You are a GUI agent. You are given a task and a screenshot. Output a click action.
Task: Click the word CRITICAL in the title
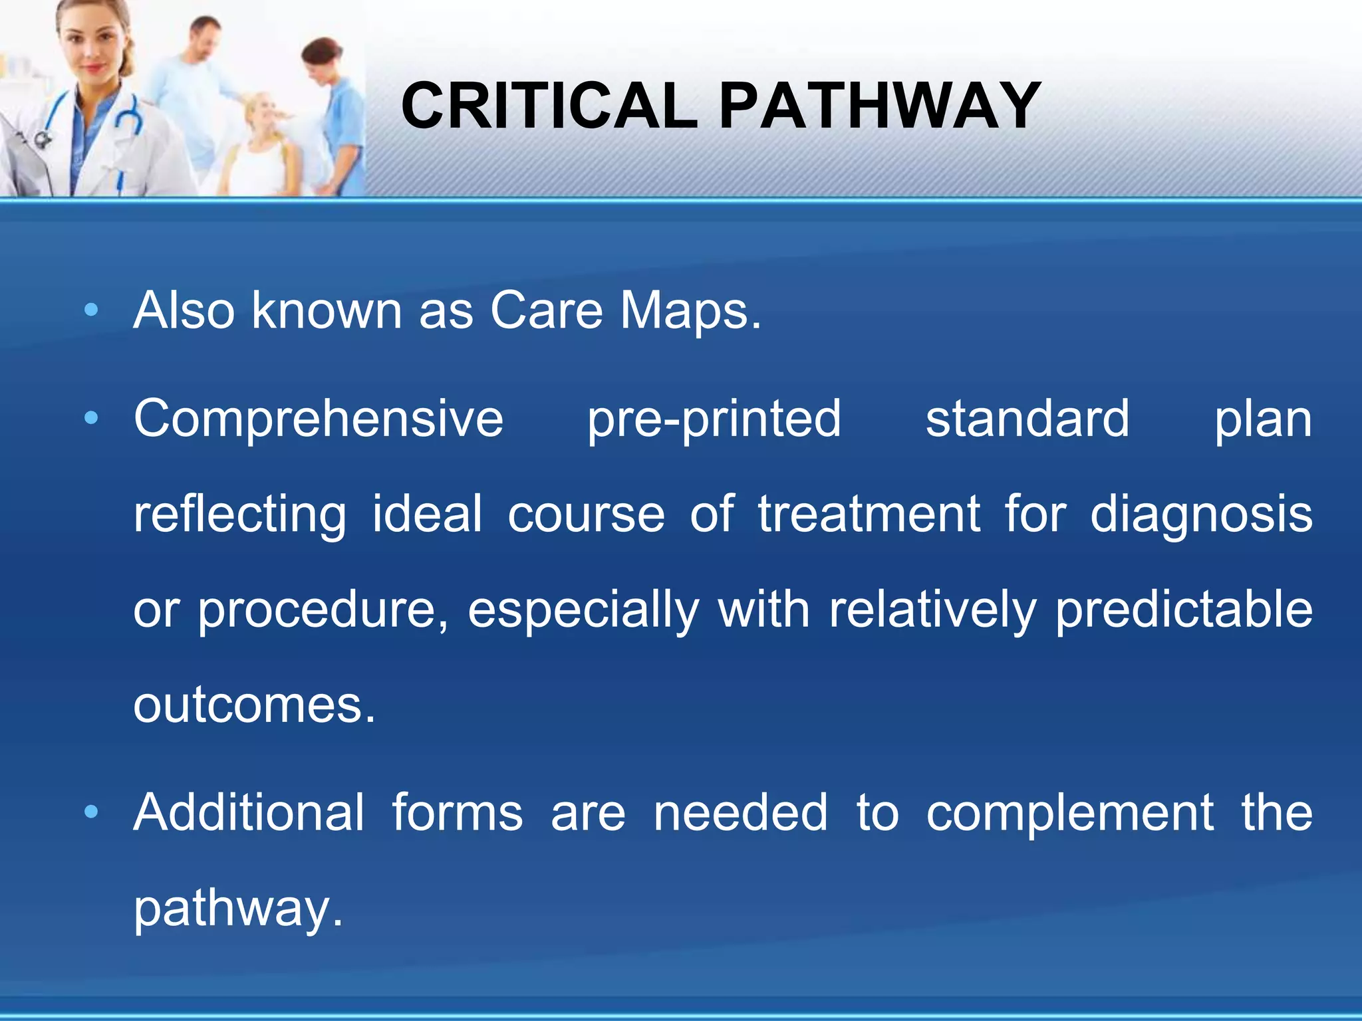tap(549, 106)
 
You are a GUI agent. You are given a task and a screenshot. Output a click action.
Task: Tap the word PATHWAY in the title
tap(879, 106)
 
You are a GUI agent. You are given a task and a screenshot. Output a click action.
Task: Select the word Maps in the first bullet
tap(690, 311)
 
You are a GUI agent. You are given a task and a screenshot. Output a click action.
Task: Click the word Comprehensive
tap(319, 420)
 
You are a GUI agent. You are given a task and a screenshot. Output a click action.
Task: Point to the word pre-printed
tap(714, 420)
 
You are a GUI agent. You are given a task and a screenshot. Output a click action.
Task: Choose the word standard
tap(1027, 420)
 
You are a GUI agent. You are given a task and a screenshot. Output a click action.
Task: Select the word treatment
tap(869, 514)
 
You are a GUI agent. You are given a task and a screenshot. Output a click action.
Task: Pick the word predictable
tap(1184, 611)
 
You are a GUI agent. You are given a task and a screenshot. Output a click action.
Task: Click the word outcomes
tap(254, 706)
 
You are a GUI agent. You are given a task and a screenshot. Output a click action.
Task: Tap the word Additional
tap(249, 813)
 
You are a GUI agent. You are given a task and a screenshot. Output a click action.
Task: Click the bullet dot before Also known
tap(92, 310)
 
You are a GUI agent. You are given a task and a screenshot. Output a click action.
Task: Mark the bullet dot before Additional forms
tap(92, 812)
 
